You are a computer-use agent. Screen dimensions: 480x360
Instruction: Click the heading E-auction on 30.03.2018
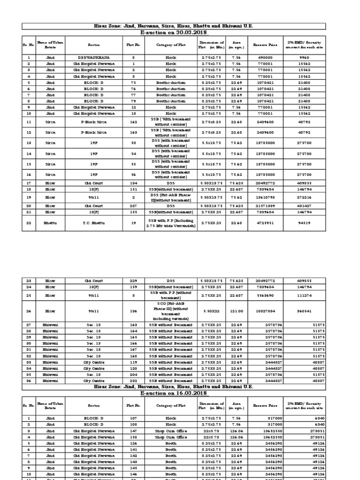[x=180, y=32]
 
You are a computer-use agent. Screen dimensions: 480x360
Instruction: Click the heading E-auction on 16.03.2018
[x=180, y=392]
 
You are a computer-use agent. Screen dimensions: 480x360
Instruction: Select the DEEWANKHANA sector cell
[x=92, y=57]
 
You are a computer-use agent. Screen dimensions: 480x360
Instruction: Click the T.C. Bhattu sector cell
[x=92, y=224]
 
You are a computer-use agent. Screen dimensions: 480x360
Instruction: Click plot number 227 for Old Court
[x=133, y=206]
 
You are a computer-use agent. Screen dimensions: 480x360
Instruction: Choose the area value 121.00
[x=236, y=310]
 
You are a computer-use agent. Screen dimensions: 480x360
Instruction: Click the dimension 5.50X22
[x=211, y=310]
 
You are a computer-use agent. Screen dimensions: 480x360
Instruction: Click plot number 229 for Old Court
[x=133, y=280]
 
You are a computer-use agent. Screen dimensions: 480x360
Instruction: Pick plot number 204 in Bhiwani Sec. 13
[x=133, y=375]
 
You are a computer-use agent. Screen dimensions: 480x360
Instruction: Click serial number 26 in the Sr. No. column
[x=29, y=310]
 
